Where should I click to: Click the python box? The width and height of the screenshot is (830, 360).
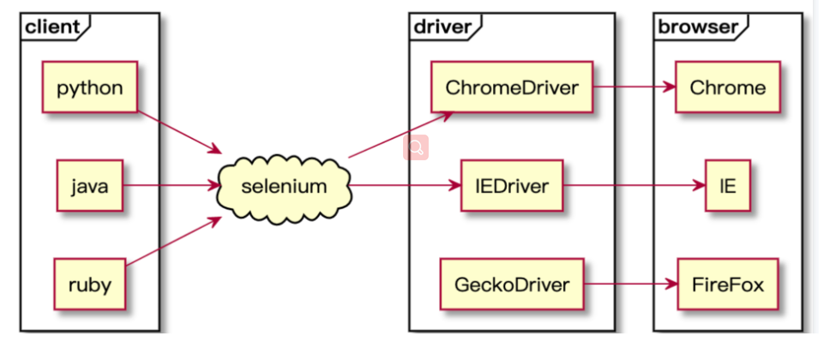point(89,87)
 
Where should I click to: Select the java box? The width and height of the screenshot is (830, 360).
point(90,186)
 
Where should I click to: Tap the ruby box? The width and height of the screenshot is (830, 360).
point(89,285)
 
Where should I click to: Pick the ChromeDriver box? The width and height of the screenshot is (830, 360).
point(512,87)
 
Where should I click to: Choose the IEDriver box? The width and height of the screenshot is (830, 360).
point(511,186)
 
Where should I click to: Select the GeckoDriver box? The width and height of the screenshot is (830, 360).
point(511,285)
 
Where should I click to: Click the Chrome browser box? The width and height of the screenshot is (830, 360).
point(728,87)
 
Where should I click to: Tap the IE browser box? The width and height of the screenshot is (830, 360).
point(728,186)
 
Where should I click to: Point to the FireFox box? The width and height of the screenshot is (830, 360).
point(728,285)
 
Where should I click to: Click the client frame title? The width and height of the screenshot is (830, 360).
point(51,27)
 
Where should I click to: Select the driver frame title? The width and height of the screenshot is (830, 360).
point(442,27)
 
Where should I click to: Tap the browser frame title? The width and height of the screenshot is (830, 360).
point(697,27)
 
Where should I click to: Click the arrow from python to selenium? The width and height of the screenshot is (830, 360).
point(179,133)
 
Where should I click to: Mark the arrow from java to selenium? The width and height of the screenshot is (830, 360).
point(171,186)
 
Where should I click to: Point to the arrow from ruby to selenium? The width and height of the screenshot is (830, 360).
point(173,242)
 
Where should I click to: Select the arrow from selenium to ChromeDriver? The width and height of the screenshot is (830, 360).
point(400,135)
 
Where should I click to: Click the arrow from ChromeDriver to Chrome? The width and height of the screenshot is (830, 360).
point(635,87)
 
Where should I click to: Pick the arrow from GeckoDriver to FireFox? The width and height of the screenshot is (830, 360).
point(630,285)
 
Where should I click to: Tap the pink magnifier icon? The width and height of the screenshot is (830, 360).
point(416,147)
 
